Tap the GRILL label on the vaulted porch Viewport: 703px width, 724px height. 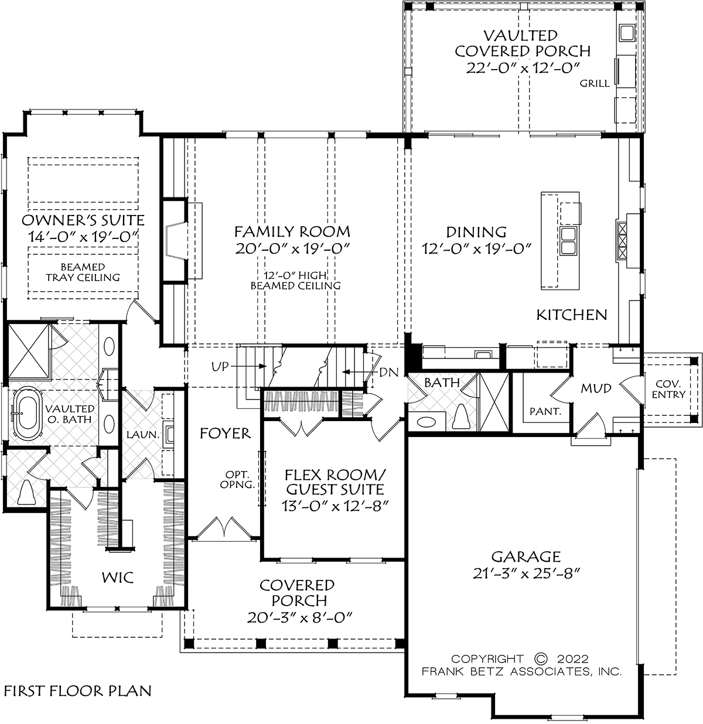(595, 84)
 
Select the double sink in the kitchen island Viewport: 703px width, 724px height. (568, 241)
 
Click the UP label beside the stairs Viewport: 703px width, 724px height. (220, 367)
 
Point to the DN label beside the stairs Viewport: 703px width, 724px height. (389, 372)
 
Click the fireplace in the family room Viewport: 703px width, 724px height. (175, 241)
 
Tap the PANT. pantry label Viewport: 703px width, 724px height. (545, 411)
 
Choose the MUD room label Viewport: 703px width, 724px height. (596, 388)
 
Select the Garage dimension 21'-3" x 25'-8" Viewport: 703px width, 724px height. (527, 573)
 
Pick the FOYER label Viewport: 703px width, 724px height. (225, 433)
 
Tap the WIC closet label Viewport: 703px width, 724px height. (118, 578)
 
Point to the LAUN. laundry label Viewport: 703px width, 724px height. (143, 435)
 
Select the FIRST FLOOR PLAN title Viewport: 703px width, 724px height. (78, 691)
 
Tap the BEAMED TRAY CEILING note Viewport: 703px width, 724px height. (83, 272)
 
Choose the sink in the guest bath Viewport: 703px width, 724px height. (426, 422)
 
